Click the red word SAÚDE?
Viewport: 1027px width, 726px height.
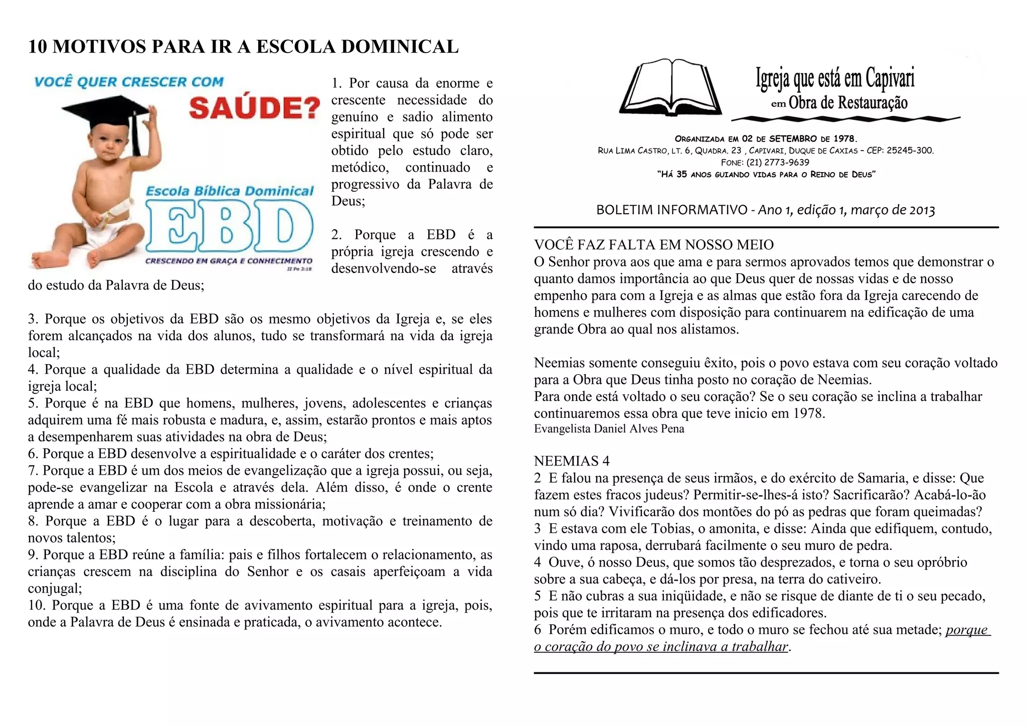click(x=254, y=107)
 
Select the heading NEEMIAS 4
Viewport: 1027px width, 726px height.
click(x=572, y=461)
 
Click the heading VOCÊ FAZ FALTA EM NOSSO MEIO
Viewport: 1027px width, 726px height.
click(x=653, y=245)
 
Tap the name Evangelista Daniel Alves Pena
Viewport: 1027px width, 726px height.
click(x=609, y=429)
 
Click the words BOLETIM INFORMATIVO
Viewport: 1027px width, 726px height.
click(x=671, y=210)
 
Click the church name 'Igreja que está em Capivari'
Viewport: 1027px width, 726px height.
click(x=835, y=78)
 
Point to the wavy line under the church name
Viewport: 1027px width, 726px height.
click(x=845, y=119)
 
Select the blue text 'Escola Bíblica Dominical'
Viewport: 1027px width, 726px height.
click(x=229, y=191)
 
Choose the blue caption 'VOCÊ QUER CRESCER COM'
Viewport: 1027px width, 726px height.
click(x=129, y=82)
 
